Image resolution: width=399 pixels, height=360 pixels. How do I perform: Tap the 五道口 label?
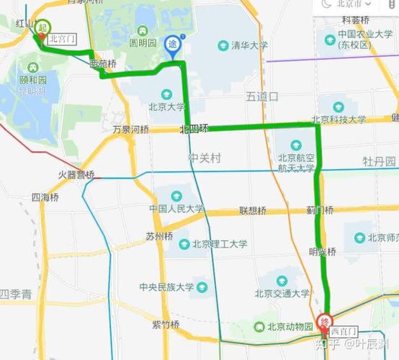click(x=261, y=95)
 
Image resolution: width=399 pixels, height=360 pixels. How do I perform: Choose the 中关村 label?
click(x=205, y=157)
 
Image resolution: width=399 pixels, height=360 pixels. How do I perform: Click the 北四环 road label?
click(x=194, y=129)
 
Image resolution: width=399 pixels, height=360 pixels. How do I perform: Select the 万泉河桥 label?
click(x=130, y=130)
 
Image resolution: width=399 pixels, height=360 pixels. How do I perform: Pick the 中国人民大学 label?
click(x=176, y=209)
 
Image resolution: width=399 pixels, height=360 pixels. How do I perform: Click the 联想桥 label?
click(x=253, y=211)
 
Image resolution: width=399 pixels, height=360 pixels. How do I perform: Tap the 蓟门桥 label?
click(x=319, y=211)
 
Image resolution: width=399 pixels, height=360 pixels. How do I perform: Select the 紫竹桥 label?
click(x=166, y=325)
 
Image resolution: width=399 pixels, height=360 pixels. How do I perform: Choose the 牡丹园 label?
click(x=380, y=161)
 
